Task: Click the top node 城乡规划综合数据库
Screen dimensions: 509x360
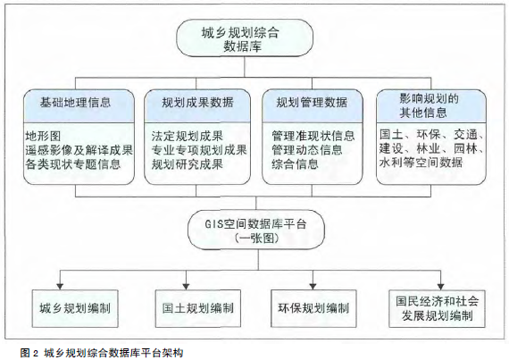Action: click(245, 38)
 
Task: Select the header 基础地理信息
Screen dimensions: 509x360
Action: click(75, 103)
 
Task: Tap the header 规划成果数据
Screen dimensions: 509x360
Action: click(197, 103)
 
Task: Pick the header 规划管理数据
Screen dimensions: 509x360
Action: click(312, 103)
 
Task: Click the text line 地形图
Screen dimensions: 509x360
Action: click(43, 136)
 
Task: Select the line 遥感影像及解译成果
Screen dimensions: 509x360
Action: click(79, 150)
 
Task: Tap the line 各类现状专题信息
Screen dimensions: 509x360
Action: click(73, 164)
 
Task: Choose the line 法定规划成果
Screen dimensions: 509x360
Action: click(187, 136)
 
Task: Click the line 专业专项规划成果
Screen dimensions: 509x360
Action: click(199, 150)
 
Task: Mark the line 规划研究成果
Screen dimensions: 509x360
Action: click(187, 164)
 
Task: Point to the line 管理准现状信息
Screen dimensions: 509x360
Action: click(313, 136)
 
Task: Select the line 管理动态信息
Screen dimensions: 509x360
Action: click(307, 150)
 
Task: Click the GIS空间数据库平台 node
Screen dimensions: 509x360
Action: click(256, 230)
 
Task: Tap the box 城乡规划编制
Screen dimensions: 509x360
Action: click(75, 308)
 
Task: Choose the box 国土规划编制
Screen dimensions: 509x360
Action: click(198, 308)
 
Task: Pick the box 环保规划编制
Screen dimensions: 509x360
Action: click(313, 308)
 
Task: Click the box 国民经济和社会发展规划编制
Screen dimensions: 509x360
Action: click(437, 308)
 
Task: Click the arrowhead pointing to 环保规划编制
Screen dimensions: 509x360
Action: click(313, 287)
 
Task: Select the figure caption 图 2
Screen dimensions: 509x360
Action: click(29, 353)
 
